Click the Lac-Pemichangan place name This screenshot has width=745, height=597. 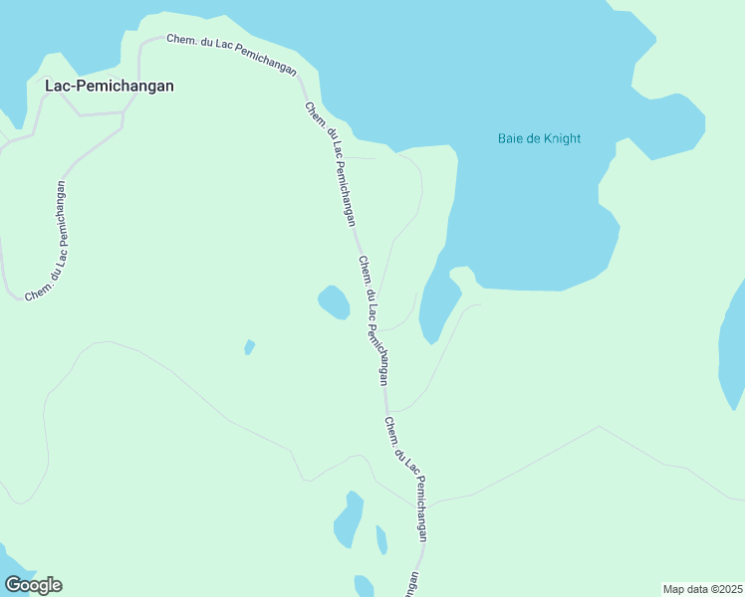coord(110,86)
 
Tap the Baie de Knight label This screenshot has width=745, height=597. coord(539,138)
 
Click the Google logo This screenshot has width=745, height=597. coord(33,585)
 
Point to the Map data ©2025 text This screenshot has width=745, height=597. coord(703,588)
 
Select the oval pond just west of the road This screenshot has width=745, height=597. coord(334,302)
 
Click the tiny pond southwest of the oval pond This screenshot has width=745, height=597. coord(249,347)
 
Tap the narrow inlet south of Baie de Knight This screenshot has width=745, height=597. coord(437,303)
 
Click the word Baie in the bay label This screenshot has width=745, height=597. coord(510,138)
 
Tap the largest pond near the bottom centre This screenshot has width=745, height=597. coord(349,520)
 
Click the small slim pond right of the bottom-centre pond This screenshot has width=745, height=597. coord(381,540)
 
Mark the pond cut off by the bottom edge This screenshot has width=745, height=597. coord(364,586)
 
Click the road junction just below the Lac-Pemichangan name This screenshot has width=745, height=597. coord(123,114)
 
